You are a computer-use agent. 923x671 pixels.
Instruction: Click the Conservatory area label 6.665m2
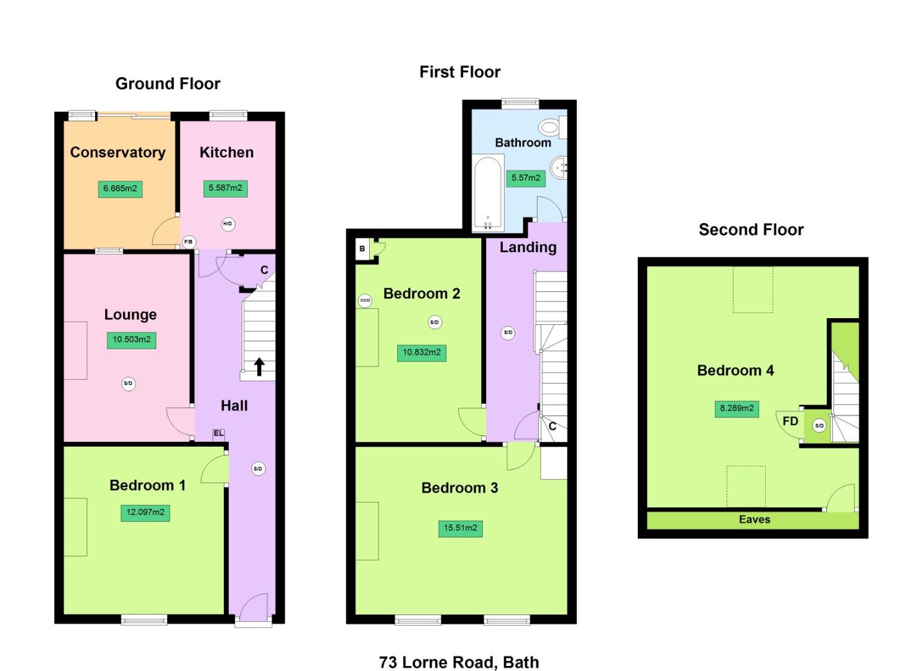[120, 189]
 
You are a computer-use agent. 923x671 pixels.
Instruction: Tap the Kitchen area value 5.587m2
[225, 188]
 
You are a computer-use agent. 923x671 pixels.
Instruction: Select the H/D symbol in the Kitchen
[228, 224]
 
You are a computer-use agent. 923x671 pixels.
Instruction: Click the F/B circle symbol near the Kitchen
[188, 242]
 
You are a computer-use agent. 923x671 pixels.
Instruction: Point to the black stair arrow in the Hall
[259, 367]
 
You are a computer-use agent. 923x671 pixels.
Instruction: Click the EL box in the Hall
[219, 434]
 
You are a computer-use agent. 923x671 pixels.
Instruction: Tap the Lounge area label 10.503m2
[131, 340]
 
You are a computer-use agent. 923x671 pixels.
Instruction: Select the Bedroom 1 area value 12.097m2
[145, 513]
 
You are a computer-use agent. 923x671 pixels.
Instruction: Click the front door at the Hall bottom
[254, 609]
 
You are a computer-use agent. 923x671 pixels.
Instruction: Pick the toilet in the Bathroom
[550, 128]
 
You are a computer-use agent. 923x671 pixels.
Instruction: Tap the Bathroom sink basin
[559, 167]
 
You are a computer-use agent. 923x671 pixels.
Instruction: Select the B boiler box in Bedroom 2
[362, 249]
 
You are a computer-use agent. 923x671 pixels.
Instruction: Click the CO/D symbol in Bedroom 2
[365, 301]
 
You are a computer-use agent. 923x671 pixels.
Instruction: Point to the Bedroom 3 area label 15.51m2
[460, 528]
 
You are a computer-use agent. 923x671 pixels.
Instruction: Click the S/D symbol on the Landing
[508, 333]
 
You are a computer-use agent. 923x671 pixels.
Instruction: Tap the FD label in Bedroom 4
[790, 421]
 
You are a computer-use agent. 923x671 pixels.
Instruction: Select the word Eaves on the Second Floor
[754, 519]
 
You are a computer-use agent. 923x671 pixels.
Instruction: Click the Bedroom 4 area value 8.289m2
[737, 409]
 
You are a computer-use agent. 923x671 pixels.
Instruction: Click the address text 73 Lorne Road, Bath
[459, 662]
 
